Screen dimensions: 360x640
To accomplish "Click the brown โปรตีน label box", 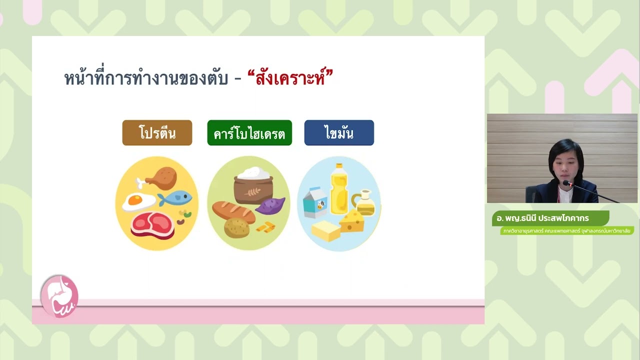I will point(157,133).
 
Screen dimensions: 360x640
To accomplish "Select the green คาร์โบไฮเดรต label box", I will point(249,133).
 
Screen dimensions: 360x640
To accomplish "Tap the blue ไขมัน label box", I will point(339,133).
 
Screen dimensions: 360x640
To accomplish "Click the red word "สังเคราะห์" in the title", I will point(290,78).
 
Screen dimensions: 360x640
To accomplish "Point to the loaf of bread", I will point(233,210).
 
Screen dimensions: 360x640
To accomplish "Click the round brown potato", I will point(236,228).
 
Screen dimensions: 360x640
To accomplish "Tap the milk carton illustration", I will point(315,202).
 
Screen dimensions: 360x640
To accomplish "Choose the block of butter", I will point(326,231).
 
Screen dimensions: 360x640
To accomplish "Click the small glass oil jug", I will point(364,202).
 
